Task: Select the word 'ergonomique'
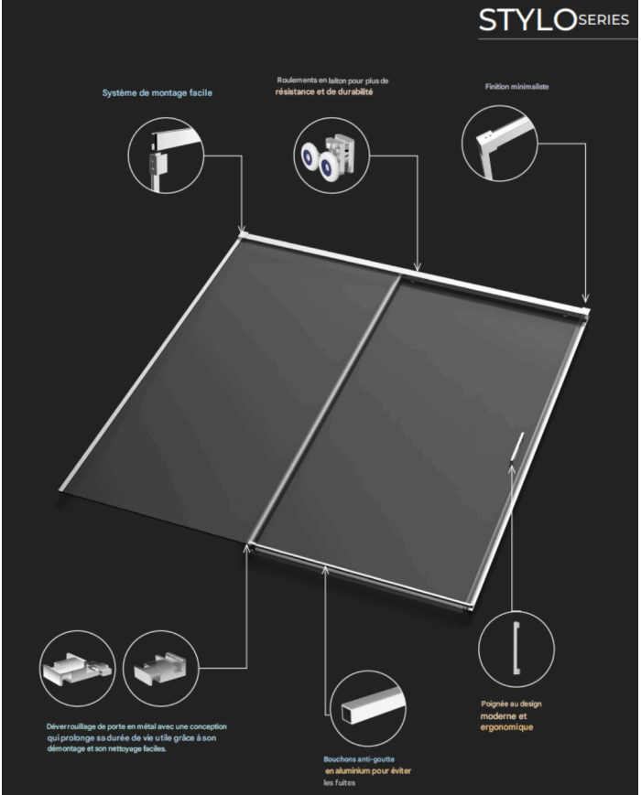pos(505,727)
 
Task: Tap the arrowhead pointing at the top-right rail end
pos(587,298)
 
